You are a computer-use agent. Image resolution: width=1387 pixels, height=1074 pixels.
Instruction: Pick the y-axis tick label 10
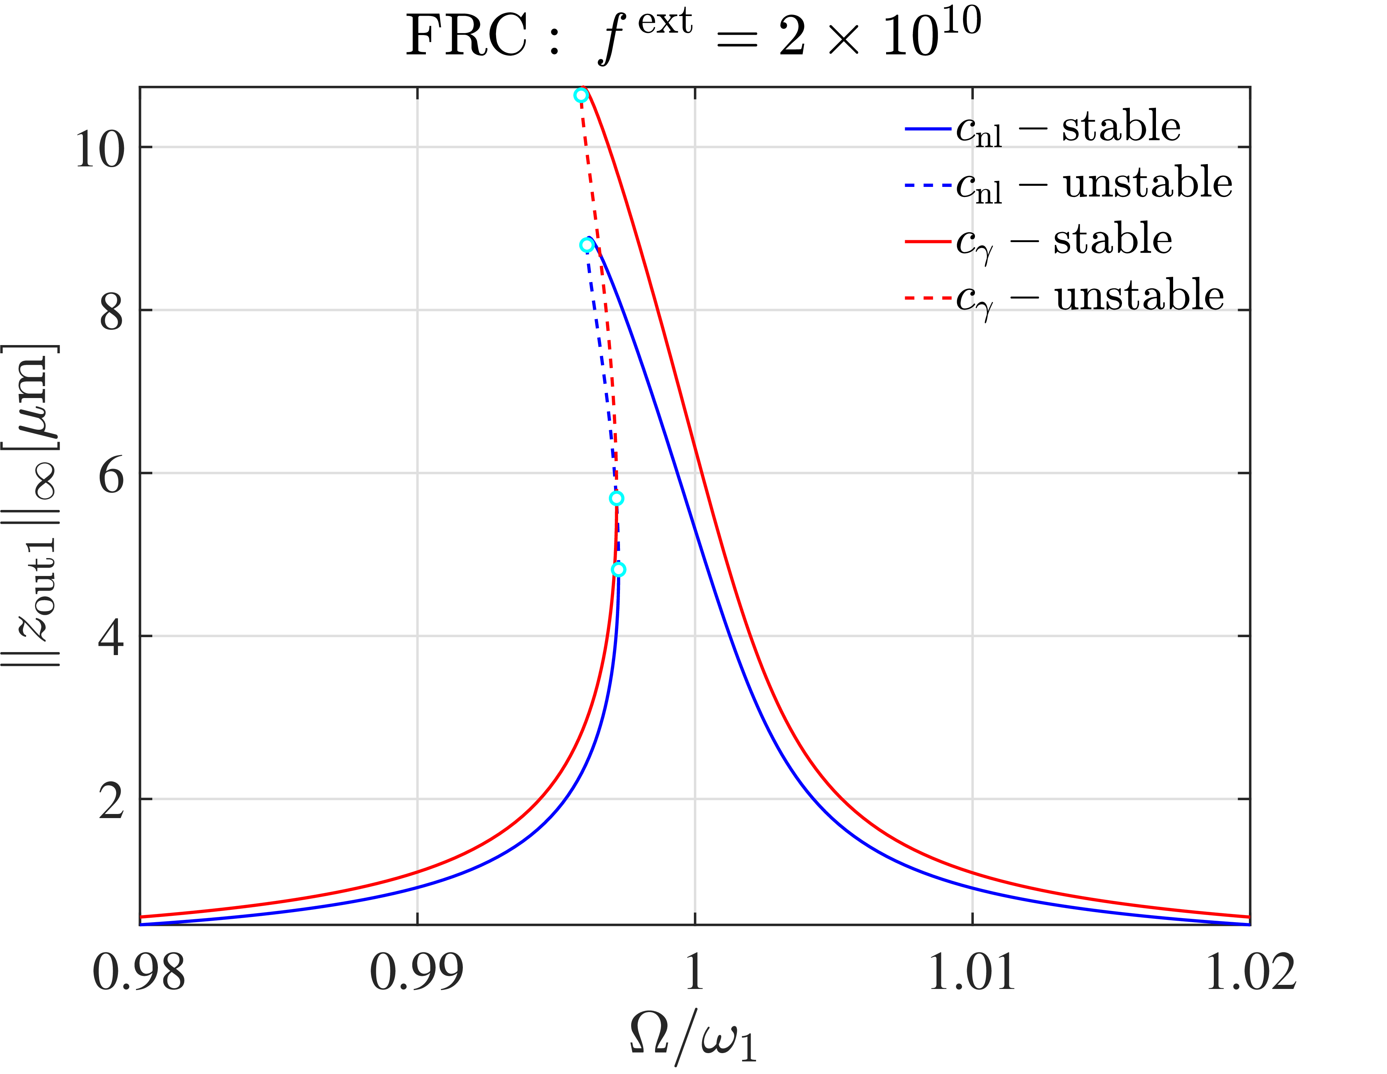click(100, 150)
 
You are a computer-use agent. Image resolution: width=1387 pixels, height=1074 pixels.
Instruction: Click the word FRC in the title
click(467, 36)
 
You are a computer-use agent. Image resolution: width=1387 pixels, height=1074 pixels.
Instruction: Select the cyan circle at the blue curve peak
click(587, 245)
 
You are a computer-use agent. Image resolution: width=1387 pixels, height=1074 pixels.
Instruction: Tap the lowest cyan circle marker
click(618, 569)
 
